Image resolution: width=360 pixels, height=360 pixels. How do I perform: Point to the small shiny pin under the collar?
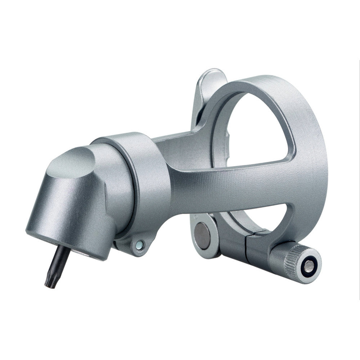pos(140,245)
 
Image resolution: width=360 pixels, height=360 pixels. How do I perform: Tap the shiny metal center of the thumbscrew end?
pos(309,267)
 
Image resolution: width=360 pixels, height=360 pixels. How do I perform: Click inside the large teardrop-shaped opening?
pos(259,130)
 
